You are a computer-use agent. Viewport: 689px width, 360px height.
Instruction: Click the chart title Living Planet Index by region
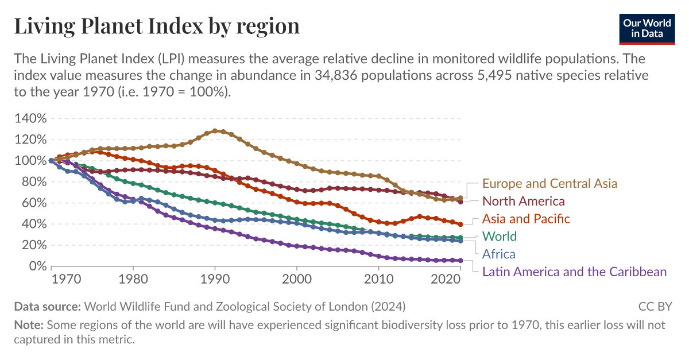[157, 26]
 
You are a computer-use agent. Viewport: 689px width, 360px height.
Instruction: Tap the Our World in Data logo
[647, 28]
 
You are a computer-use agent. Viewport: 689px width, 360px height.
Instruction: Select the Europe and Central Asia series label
[549, 184]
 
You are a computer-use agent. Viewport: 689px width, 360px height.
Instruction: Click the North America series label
[523, 201]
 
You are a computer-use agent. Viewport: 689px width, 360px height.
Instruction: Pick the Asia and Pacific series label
[526, 219]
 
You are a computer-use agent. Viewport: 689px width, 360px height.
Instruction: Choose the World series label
[500, 236]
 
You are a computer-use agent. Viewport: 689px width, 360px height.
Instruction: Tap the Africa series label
[498, 254]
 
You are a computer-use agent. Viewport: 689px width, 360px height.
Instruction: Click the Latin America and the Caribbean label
[574, 272]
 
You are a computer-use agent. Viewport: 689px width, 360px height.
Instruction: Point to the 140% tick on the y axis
[29, 119]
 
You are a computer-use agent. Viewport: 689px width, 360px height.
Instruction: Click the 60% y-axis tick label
[32, 203]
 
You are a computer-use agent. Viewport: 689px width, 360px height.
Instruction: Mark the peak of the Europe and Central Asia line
[215, 131]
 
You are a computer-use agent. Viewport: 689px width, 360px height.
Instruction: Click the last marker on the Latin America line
[460, 260]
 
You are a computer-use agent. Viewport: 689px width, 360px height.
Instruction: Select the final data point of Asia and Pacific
[460, 224]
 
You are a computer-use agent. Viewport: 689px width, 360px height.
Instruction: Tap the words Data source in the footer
[48, 306]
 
